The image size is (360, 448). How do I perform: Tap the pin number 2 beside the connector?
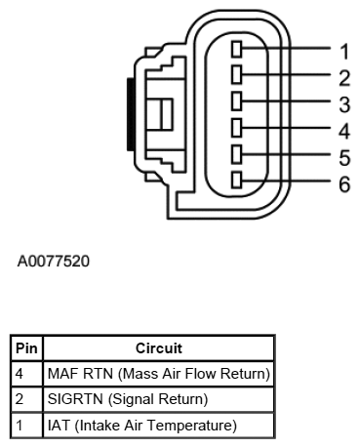[x=344, y=77]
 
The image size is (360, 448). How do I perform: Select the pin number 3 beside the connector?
[x=344, y=103]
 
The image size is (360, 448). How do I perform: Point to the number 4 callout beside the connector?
[x=344, y=130]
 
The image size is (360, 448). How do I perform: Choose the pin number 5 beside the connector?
[x=344, y=156]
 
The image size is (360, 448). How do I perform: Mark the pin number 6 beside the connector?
[x=344, y=183]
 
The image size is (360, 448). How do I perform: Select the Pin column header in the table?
[x=26, y=347]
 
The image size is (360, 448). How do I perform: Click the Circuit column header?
[x=159, y=347]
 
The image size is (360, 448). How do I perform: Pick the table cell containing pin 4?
[x=26, y=373]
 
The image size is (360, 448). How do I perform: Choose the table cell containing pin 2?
[x=26, y=399]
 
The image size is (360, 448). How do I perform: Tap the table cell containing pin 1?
[x=26, y=425]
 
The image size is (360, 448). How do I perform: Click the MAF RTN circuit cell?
[x=159, y=373]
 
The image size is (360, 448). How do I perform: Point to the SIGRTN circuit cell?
[x=159, y=399]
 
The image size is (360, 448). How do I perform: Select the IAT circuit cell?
[x=159, y=425]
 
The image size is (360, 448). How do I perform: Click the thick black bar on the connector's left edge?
[x=130, y=115]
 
